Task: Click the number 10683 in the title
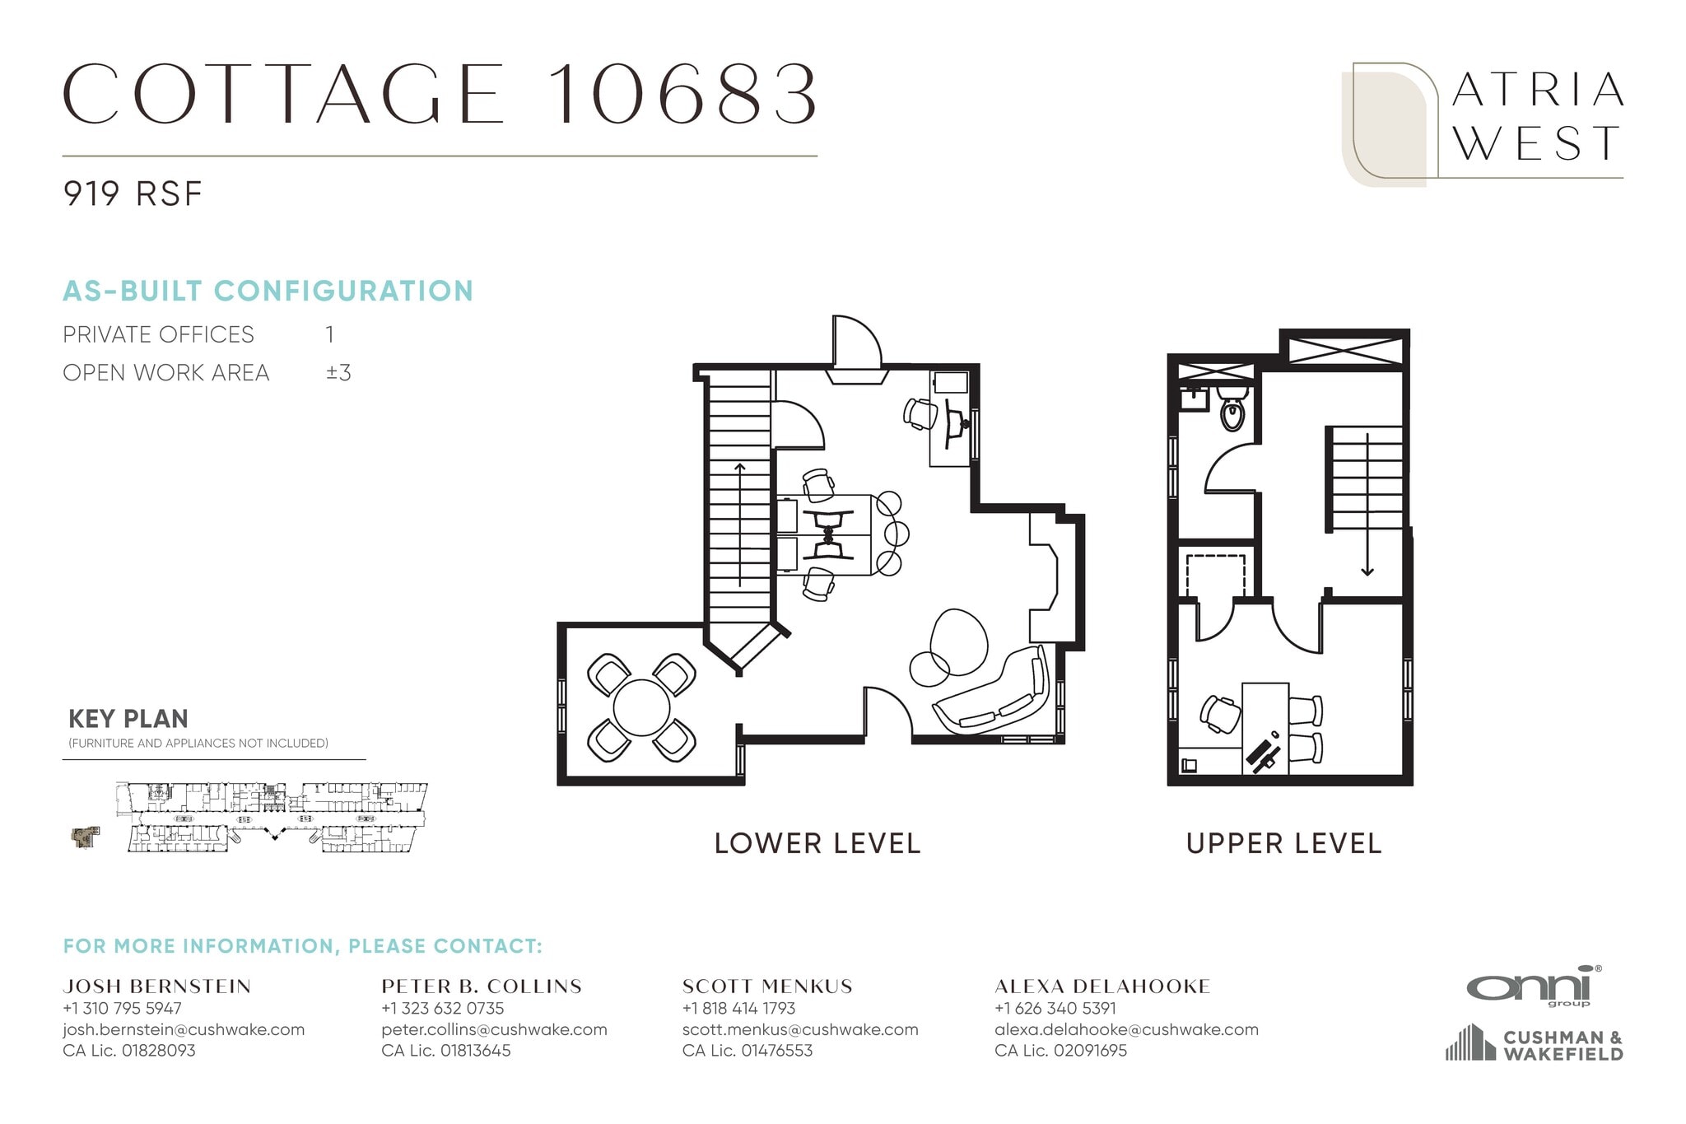pyautogui.click(x=682, y=95)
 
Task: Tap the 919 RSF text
pyautogui.click(x=132, y=194)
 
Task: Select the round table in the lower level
pyautogui.click(x=641, y=707)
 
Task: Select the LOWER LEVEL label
pyautogui.click(x=817, y=843)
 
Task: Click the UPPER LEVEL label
pyautogui.click(x=1283, y=843)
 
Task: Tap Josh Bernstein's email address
pyautogui.click(x=184, y=1029)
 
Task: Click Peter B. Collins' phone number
pyautogui.click(x=442, y=1008)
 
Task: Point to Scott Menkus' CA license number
pyautogui.click(x=747, y=1051)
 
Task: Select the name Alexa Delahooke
pyautogui.click(x=1101, y=986)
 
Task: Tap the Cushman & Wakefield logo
pyautogui.click(x=1535, y=1044)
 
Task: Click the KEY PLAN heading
pyautogui.click(x=128, y=719)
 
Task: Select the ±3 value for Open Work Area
pyautogui.click(x=338, y=373)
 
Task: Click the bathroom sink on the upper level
pyautogui.click(x=1192, y=399)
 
